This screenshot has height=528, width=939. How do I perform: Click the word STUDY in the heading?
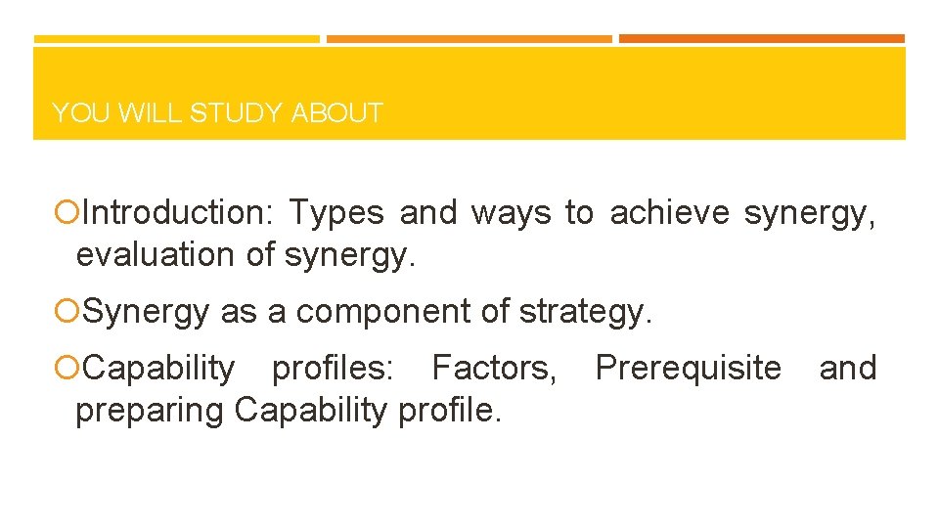237,113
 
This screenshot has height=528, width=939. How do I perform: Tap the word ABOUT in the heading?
336,113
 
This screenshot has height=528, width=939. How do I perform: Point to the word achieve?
670,212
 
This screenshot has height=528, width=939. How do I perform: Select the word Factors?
495,368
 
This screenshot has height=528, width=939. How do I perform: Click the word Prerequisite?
689,368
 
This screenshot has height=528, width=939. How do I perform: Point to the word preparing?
150,411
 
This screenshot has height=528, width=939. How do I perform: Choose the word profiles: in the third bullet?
333,368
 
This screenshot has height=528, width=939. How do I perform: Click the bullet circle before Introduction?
66,212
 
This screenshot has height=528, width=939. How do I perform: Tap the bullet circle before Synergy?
66,311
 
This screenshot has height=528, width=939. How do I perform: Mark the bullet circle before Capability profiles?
66,369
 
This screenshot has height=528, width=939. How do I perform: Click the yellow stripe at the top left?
176,39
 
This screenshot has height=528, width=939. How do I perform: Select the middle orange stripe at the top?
469,39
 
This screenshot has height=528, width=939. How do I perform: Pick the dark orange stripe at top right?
761,39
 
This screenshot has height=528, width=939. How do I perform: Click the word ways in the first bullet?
512,212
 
